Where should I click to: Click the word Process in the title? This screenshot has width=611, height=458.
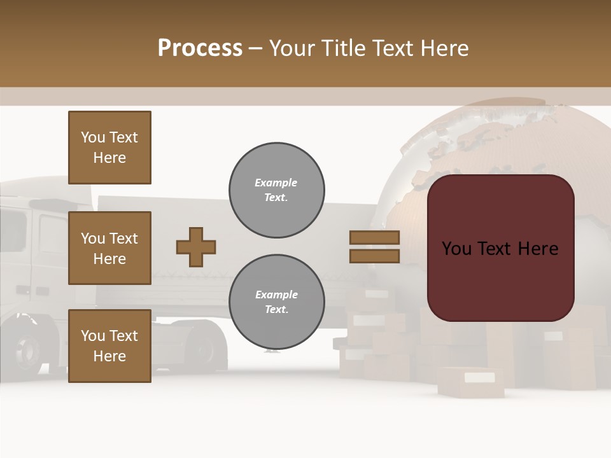[x=200, y=48]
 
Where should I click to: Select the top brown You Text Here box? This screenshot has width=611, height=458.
[x=109, y=148]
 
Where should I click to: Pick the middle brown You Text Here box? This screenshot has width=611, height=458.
[x=109, y=248]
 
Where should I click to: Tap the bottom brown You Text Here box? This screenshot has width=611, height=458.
[x=109, y=345]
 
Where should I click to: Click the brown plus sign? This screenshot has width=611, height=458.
[x=196, y=247]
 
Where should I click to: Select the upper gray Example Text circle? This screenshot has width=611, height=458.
[x=276, y=190]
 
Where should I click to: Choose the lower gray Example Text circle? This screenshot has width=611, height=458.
[x=276, y=302]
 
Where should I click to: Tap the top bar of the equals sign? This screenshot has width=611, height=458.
[x=375, y=237]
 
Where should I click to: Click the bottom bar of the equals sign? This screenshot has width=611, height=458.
[x=375, y=256]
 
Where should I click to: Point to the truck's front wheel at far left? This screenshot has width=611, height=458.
[x=27, y=347]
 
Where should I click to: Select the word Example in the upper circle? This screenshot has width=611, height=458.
[x=276, y=183]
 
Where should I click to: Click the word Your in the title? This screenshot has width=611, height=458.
[x=291, y=48]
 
